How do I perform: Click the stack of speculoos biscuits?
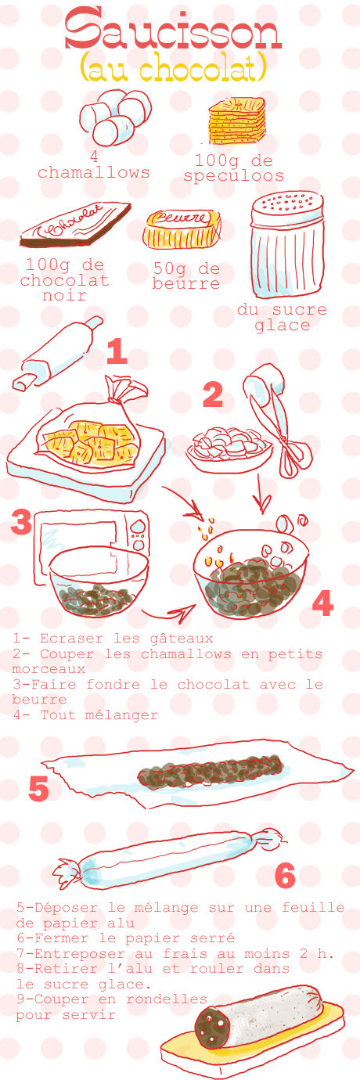coord(237,121)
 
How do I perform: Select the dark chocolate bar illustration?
coord(75,224)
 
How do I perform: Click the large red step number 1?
coord(117,351)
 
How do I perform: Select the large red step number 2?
coord(213,395)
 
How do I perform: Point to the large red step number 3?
coord(22,522)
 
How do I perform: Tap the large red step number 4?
coord(322,603)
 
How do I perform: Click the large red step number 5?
coord(38,790)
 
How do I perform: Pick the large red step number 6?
coord(285,876)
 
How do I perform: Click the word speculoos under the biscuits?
coord(233,175)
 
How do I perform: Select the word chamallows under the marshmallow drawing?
coord(93,172)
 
